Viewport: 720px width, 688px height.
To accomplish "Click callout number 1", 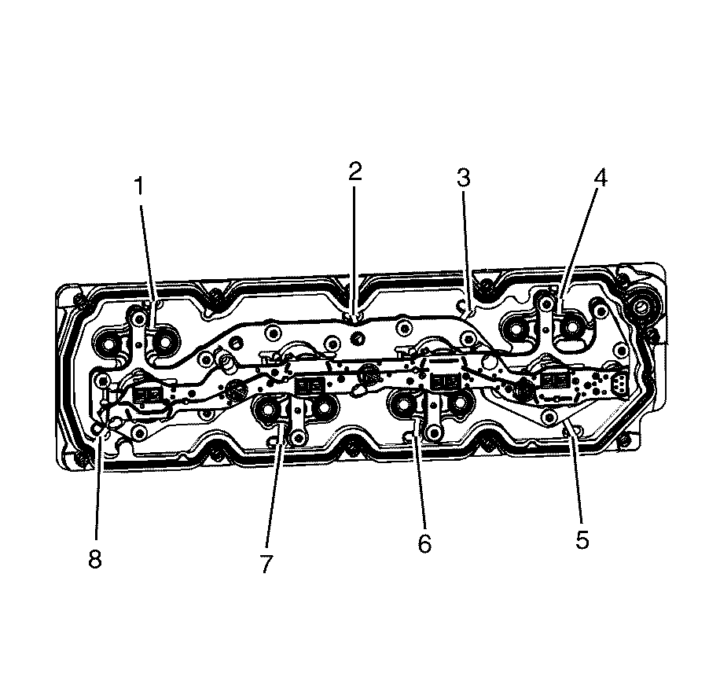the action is (x=138, y=186).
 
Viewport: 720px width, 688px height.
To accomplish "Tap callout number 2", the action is (x=355, y=171).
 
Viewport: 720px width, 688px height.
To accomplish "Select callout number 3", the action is (x=464, y=178).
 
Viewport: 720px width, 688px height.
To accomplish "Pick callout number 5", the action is (x=582, y=539).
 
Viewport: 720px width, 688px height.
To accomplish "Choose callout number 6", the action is (x=424, y=543).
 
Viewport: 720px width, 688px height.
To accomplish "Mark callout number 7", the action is (x=266, y=564).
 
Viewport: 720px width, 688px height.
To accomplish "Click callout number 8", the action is (x=95, y=559).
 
